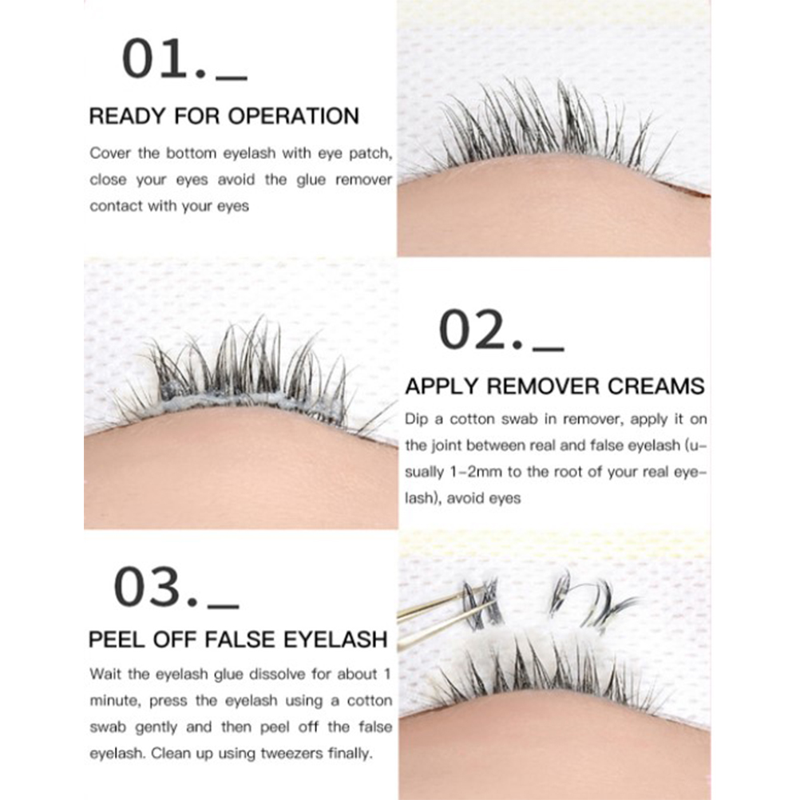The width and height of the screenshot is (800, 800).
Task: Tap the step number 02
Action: pyautogui.click(x=481, y=330)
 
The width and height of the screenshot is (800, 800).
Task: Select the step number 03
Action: pyautogui.click(x=155, y=588)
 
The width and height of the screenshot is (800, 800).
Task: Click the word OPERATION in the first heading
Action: pyautogui.click(x=293, y=117)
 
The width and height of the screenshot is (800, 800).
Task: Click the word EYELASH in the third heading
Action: pyautogui.click(x=335, y=640)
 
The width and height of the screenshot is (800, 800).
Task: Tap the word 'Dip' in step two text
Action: pyautogui.click(x=416, y=420)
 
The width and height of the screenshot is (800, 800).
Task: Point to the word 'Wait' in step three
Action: pyautogui.click(x=106, y=675)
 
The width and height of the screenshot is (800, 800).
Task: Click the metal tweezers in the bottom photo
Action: pyautogui.click(x=444, y=616)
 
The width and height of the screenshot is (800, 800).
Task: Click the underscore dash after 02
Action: pyautogui.click(x=549, y=350)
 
